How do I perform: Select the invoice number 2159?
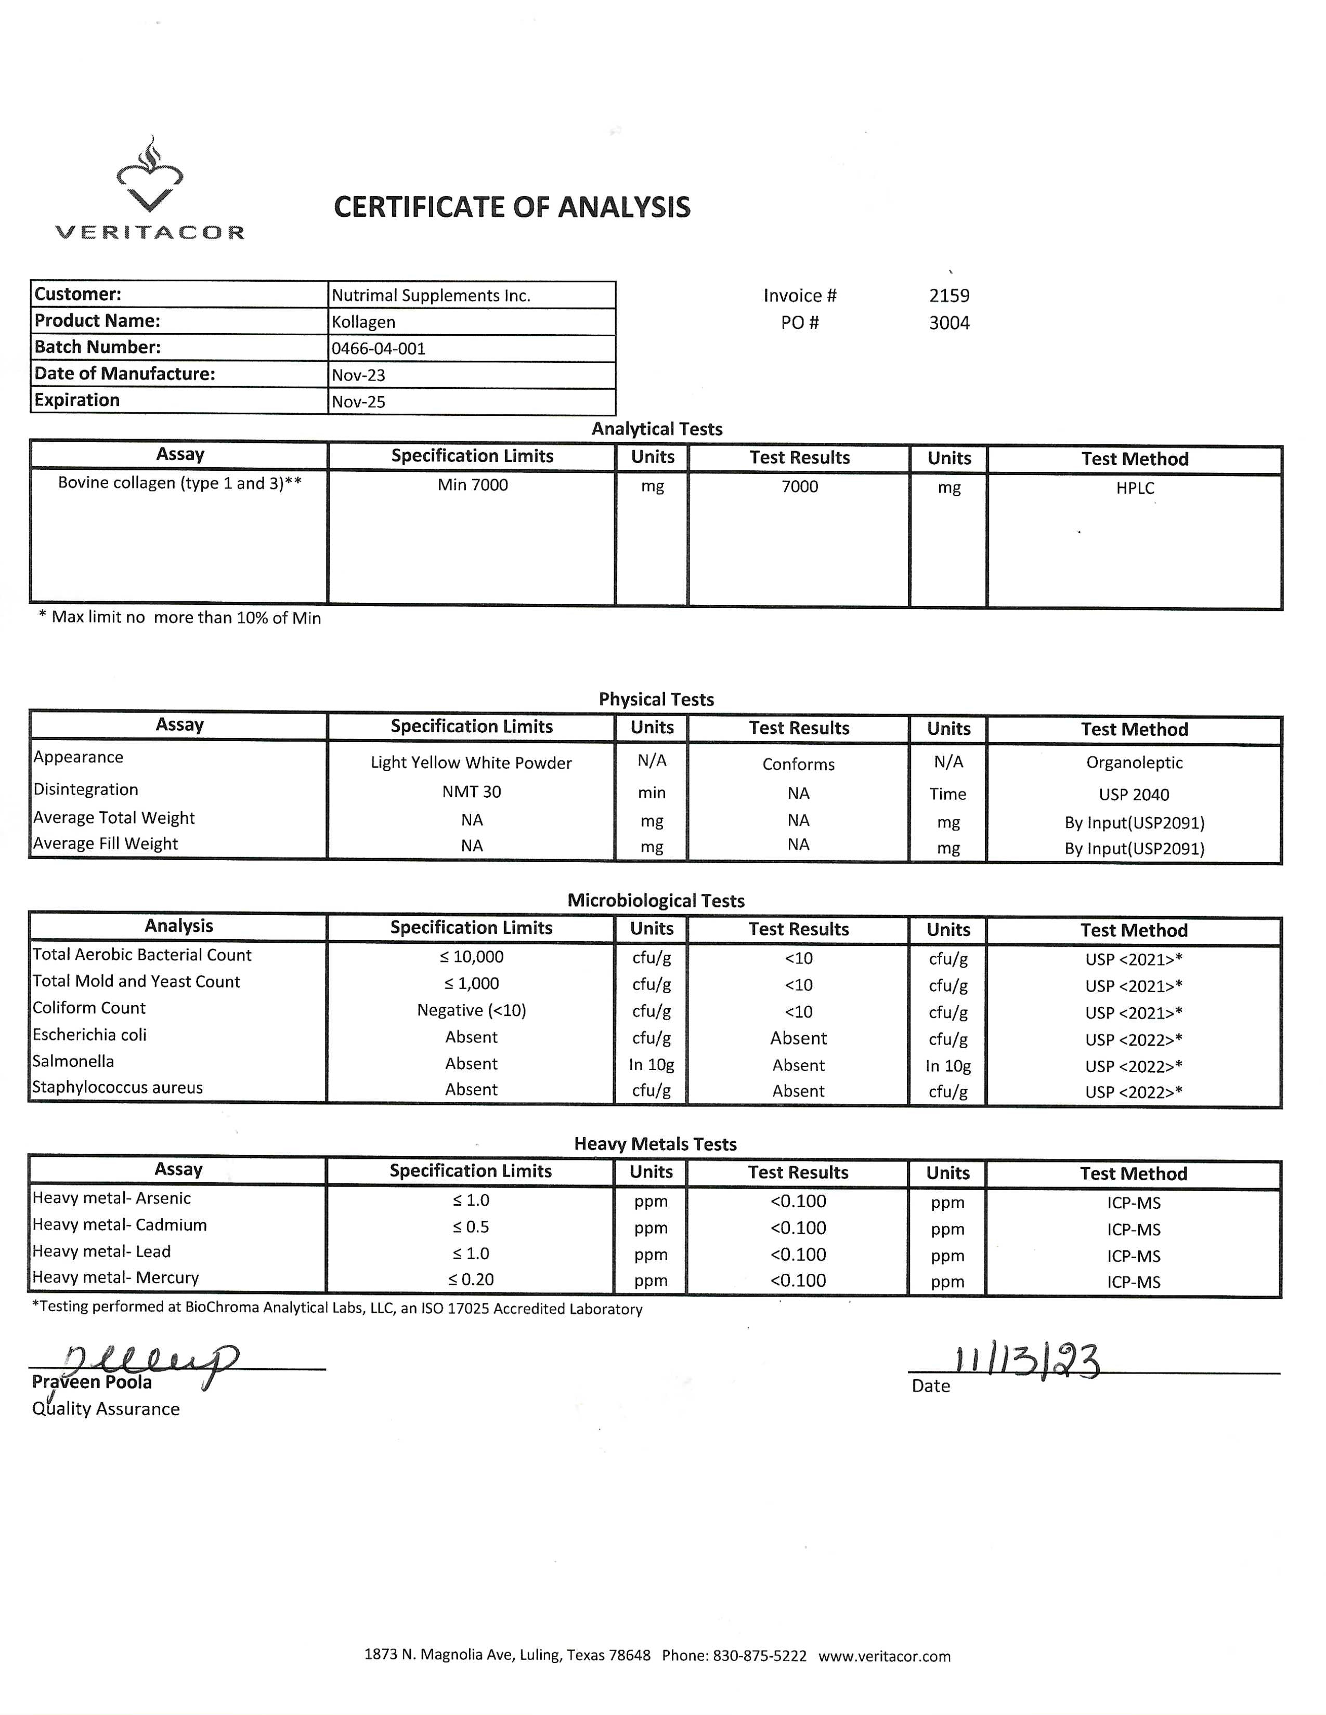click(949, 296)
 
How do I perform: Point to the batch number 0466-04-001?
click(378, 349)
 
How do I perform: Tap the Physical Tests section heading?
click(656, 700)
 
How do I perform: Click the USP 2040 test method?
click(1134, 795)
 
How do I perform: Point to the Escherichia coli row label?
click(89, 1035)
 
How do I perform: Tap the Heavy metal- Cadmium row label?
click(120, 1225)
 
